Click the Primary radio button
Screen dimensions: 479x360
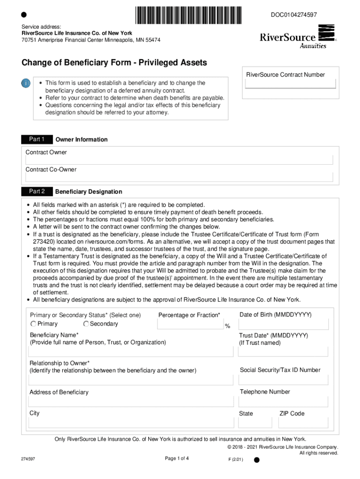(x=34, y=324)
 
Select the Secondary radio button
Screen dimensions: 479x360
(x=86, y=324)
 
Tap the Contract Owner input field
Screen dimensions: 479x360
(x=180, y=160)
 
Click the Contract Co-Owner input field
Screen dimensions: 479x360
(x=180, y=177)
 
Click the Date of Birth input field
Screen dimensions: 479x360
(x=284, y=324)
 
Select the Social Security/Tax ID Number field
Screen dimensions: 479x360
(x=284, y=379)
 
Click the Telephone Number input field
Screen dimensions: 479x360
(x=284, y=401)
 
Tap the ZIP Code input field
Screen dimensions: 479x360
(x=303, y=423)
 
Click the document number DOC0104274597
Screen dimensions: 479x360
(x=294, y=15)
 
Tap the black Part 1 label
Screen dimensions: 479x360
(x=36, y=139)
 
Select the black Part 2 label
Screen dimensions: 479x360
(x=36, y=191)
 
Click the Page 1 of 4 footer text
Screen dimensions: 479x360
(x=177, y=458)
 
